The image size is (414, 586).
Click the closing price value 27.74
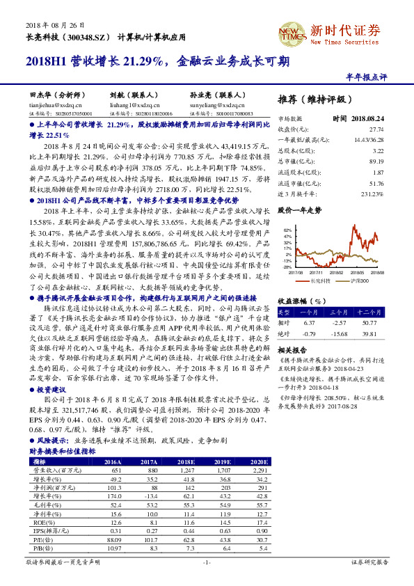pos(376,130)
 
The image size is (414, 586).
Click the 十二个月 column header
pos(368,313)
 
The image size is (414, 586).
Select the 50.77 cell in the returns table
pos(369,323)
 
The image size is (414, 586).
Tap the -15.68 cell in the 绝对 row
pos(339,333)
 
